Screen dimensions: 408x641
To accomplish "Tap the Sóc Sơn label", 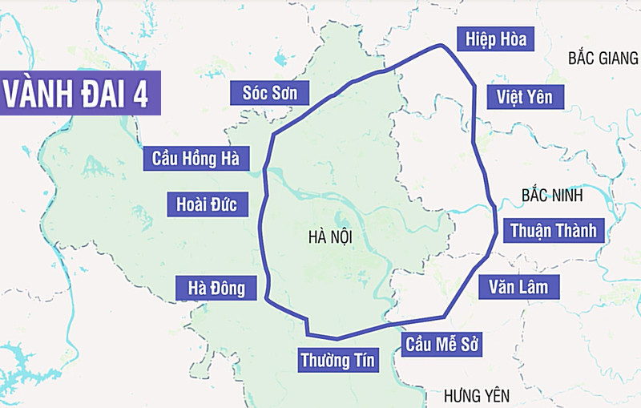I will [270, 93].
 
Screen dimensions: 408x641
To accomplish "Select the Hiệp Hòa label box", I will [495, 38].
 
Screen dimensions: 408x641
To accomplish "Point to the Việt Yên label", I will [524, 98].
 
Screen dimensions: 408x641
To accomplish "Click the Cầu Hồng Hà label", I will [196, 158].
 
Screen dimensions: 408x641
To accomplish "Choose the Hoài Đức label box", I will [207, 204].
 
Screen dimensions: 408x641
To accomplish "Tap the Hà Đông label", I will [216, 288].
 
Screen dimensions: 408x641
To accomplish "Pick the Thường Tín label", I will [337, 360].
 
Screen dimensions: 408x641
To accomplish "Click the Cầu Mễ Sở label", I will [441, 345].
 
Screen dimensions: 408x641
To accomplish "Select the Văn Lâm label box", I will [518, 287].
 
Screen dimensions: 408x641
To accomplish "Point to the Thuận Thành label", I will [554, 231].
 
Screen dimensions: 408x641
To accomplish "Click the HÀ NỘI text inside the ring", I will [329, 237].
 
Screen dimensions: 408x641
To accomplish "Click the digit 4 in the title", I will [141, 94].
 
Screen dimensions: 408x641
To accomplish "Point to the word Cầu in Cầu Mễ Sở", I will [419, 345].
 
